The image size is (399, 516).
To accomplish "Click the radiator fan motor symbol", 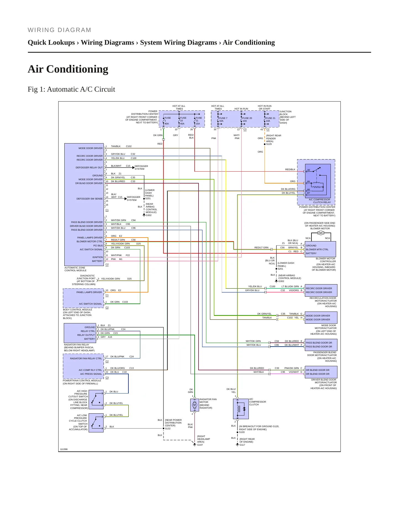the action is tap(194, 405).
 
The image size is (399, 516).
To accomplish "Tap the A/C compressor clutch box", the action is tap(241, 409).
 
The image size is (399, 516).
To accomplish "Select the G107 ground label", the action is tap(200, 445).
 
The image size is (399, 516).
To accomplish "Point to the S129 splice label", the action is tap(269, 144).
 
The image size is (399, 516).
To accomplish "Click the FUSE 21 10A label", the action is tap(270, 119).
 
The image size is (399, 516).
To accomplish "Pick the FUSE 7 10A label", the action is tap(223, 119).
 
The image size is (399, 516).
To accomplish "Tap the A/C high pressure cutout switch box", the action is tap(96, 400).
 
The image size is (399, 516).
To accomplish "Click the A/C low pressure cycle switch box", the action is tap(96, 423).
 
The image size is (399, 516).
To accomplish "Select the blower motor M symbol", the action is tap(320, 233).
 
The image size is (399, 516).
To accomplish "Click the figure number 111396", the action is tap(64, 449).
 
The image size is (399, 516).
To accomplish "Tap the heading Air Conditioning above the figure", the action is tap(68, 69).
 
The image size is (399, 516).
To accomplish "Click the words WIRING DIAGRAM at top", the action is tap(59, 30).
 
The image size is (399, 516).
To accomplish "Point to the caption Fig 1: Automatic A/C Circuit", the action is tap(71, 89).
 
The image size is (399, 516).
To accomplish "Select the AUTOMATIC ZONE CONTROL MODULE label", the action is tap(75, 269).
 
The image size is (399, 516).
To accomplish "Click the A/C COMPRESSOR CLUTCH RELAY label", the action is tap(319, 201).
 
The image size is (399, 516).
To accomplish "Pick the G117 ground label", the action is tap(242, 445).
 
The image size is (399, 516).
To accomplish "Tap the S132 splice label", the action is tap(168, 429).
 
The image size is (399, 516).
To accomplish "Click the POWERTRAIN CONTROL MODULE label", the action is tap(82, 381).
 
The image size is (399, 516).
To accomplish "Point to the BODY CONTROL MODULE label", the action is tap(78, 310).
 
